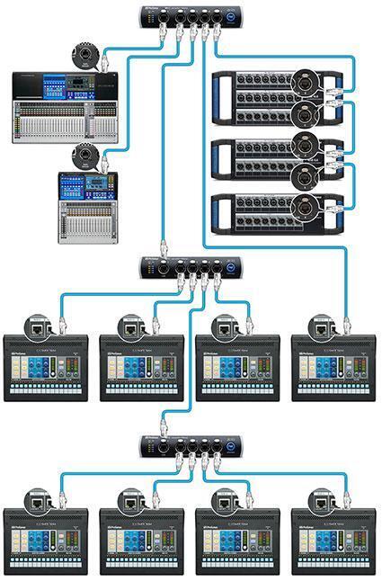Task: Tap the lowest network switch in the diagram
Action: tap(191, 447)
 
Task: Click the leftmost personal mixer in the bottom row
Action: tap(46, 541)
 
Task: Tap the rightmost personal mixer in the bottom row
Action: tap(333, 541)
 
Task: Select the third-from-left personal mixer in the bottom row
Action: tap(237, 541)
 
